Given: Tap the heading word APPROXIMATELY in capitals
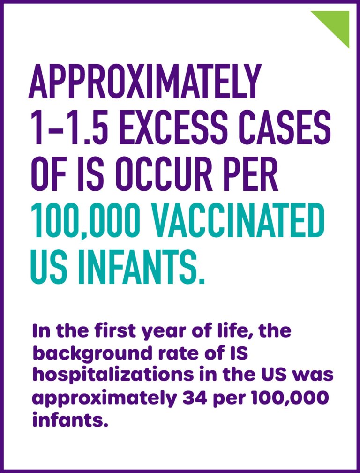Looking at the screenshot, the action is (145, 81).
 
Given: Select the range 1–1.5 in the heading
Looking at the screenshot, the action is (68, 128).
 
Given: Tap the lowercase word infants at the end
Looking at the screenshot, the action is (70, 417).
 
